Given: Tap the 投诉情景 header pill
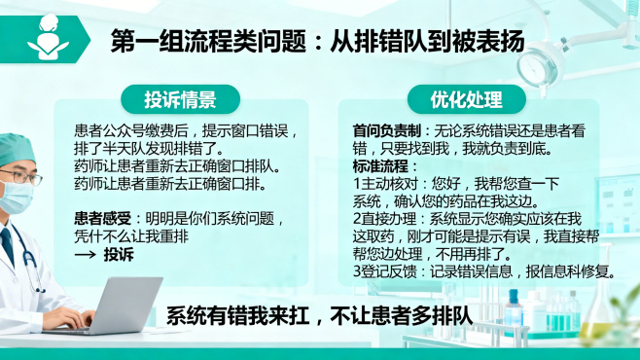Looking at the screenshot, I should [180, 100].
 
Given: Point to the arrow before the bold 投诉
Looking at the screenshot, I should [86, 254].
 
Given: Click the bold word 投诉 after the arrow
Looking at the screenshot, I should [119, 254].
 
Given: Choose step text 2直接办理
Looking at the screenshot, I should [383, 218].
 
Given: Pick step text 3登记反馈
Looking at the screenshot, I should [383, 270].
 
